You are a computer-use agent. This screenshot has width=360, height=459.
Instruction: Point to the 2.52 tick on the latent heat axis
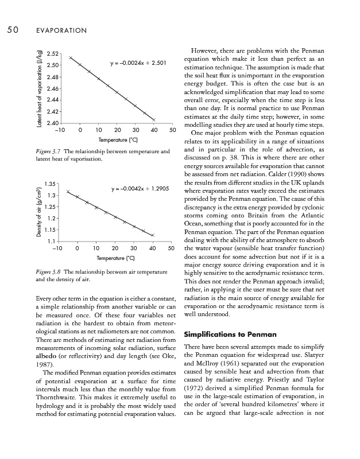tap(53, 55)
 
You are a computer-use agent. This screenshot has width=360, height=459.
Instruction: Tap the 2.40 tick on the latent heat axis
tap(53, 123)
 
